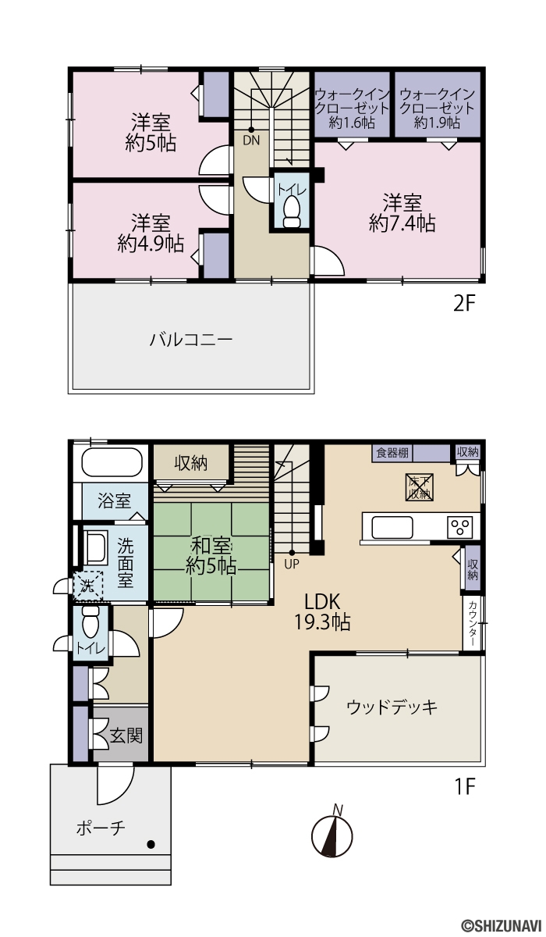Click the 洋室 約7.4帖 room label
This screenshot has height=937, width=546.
tap(402, 213)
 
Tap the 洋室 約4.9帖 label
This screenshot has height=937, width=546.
tap(151, 233)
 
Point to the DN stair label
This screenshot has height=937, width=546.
tap(251, 140)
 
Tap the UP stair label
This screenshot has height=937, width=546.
tap(292, 565)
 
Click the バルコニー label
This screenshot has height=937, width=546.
tap(191, 339)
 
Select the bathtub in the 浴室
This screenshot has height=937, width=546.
tap(112, 462)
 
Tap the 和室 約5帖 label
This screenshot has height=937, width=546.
tap(211, 556)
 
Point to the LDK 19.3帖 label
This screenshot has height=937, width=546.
tap(322, 612)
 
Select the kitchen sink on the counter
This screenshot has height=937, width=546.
tap(392, 527)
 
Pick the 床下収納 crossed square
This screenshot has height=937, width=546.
tap(419, 487)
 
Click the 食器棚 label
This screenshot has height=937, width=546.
tap(392, 453)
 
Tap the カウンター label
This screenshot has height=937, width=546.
tap(473, 623)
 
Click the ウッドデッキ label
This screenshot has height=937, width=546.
tap(392, 707)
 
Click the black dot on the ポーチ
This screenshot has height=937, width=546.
tap(151, 845)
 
